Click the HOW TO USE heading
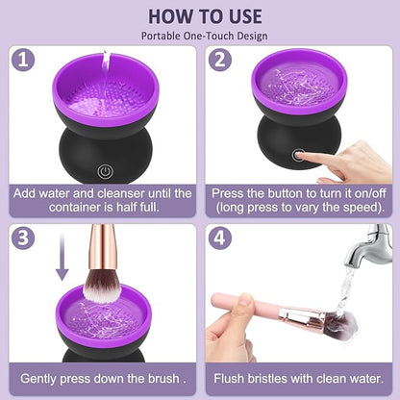click(x=199, y=15)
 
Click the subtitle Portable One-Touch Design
click(x=199, y=36)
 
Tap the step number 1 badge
click(x=21, y=60)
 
